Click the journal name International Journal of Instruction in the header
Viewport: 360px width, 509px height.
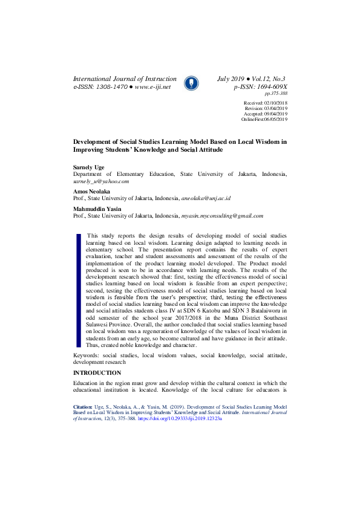pyautogui.click(x=125, y=79)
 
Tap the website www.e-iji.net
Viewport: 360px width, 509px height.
pyautogui.click(x=153, y=87)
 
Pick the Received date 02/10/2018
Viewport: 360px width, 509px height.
pyautogui.click(x=275, y=104)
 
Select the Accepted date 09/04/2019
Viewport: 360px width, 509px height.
pyautogui.click(x=275, y=114)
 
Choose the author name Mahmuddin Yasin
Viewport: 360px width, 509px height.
pyautogui.click(x=97, y=209)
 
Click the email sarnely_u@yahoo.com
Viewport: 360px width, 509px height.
pyautogui.click(x=101, y=181)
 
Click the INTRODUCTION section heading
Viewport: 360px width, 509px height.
pyautogui.click(x=97, y=372)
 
